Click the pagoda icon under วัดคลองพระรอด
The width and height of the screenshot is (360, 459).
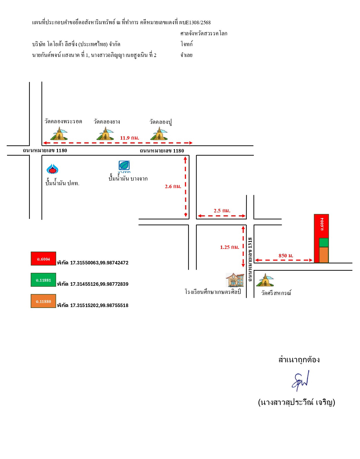click(x=59, y=134)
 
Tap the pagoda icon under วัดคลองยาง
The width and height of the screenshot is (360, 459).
click(x=105, y=134)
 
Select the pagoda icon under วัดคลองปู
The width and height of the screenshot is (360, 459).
click(x=159, y=134)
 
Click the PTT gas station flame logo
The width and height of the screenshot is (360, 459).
click(x=52, y=169)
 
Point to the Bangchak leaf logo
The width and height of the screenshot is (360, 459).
click(x=124, y=167)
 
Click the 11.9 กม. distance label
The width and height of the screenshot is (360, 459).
click(x=130, y=138)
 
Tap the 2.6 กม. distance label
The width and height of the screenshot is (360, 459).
click(x=173, y=186)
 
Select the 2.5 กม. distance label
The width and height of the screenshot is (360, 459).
click(x=222, y=211)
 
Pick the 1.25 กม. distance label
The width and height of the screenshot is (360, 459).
click(x=230, y=247)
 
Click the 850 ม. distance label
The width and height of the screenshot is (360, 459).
click(x=286, y=256)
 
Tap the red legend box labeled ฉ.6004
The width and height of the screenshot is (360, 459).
click(x=43, y=259)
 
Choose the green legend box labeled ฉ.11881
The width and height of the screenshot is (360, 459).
click(x=43, y=280)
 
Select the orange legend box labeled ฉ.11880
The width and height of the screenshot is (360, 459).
click(x=43, y=301)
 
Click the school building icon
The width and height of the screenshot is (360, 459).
click(x=235, y=280)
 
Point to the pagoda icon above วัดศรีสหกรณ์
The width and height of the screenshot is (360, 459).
click(x=265, y=280)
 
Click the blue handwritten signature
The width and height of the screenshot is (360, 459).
click(x=300, y=381)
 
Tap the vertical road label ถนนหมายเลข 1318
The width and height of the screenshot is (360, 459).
click(x=250, y=259)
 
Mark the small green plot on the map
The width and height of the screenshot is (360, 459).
click(x=324, y=243)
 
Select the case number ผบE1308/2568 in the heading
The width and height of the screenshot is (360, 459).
click(x=195, y=22)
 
